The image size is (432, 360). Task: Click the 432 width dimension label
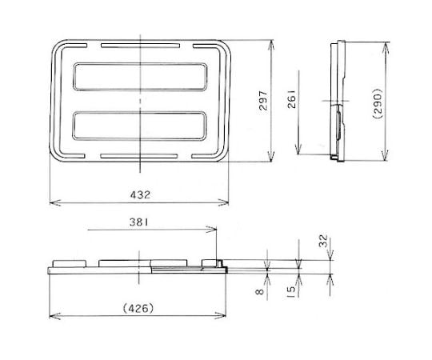click(x=140, y=194)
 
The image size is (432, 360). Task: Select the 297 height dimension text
click(x=263, y=101)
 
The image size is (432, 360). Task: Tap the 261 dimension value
click(x=292, y=98)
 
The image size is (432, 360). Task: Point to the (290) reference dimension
click(x=377, y=103)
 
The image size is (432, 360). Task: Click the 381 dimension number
click(x=138, y=222)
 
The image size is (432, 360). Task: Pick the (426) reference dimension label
click(x=138, y=308)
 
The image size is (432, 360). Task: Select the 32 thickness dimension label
click(x=323, y=241)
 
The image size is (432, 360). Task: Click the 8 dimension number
click(x=260, y=291)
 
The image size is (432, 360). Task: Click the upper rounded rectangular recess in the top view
click(x=140, y=77)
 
